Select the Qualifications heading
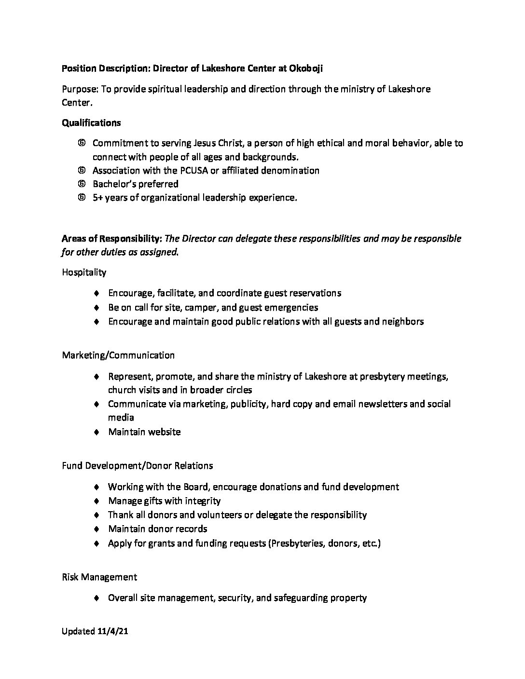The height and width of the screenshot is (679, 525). [91, 123]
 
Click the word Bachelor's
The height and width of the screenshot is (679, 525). [115, 184]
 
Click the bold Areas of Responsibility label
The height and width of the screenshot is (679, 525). [111, 239]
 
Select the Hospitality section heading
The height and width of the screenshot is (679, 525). [84, 272]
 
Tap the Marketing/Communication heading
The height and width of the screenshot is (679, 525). [118, 355]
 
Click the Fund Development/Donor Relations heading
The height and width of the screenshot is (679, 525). [138, 466]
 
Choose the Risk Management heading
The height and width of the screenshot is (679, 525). [99, 577]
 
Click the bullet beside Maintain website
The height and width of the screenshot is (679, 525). [97, 432]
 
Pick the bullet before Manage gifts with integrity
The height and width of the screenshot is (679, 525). [97, 501]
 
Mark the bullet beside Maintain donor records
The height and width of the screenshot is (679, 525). [97, 530]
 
